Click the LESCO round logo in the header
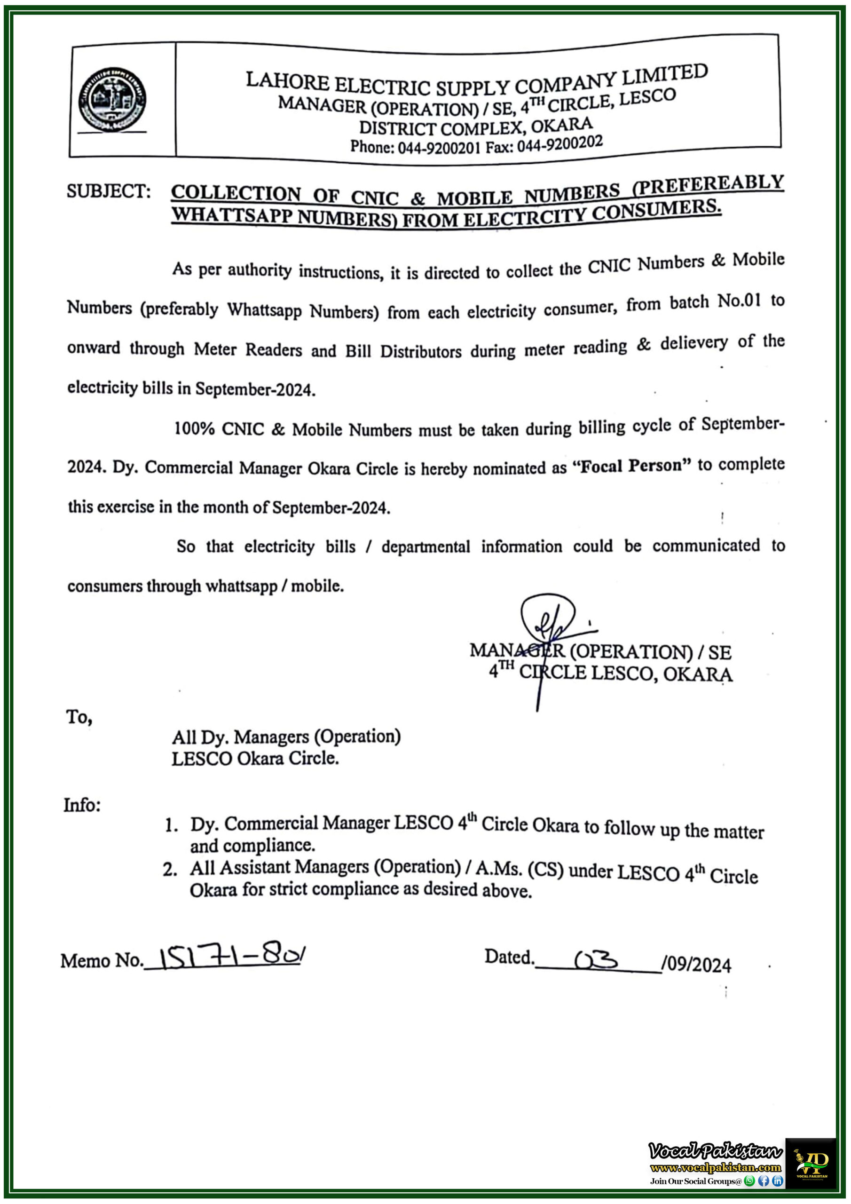[x=112, y=100]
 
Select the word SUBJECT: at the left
[x=109, y=191]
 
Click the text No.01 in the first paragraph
[x=738, y=301]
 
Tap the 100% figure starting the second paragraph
[x=194, y=428]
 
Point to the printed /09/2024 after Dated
[x=696, y=965]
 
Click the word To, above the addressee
[x=79, y=716]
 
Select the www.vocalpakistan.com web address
[x=715, y=1168]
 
